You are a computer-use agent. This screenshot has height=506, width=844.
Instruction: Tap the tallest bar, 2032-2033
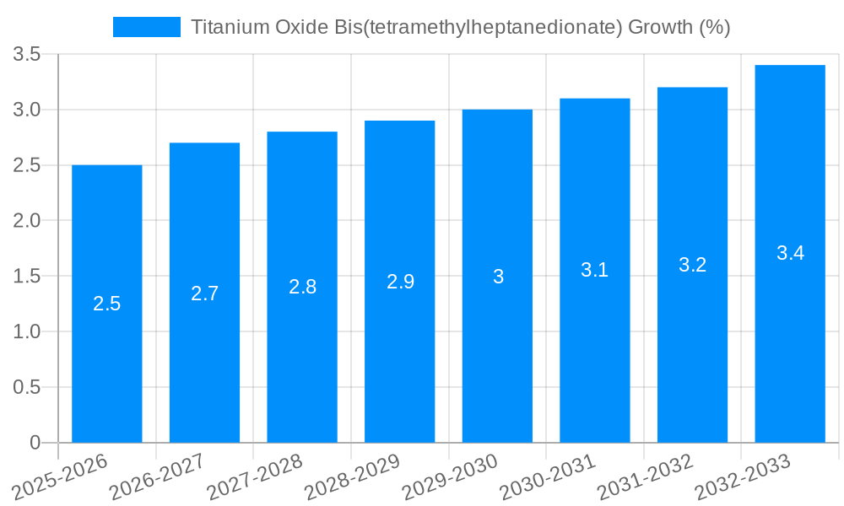coord(790,337)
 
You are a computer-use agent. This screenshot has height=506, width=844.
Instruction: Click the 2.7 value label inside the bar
coord(205,293)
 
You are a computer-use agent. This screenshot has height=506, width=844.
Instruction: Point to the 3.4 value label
coord(790,253)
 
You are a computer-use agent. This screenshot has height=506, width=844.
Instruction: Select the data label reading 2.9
coord(400,282)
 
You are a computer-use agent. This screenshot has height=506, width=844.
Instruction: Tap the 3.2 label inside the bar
coord(692,265)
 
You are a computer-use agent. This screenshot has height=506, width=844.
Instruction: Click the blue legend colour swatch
coord(147,28)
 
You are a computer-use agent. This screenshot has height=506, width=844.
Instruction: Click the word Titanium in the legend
coord(230,28)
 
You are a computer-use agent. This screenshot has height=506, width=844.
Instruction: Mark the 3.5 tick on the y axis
coord(27,55)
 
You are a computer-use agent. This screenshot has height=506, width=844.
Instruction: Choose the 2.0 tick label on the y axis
coord(27,221)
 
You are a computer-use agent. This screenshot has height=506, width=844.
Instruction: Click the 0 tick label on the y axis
coord(35,443)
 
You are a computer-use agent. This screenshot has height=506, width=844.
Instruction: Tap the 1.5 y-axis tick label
coord(27,277)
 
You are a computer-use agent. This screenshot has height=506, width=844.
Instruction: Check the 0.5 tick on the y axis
coord(27,387)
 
